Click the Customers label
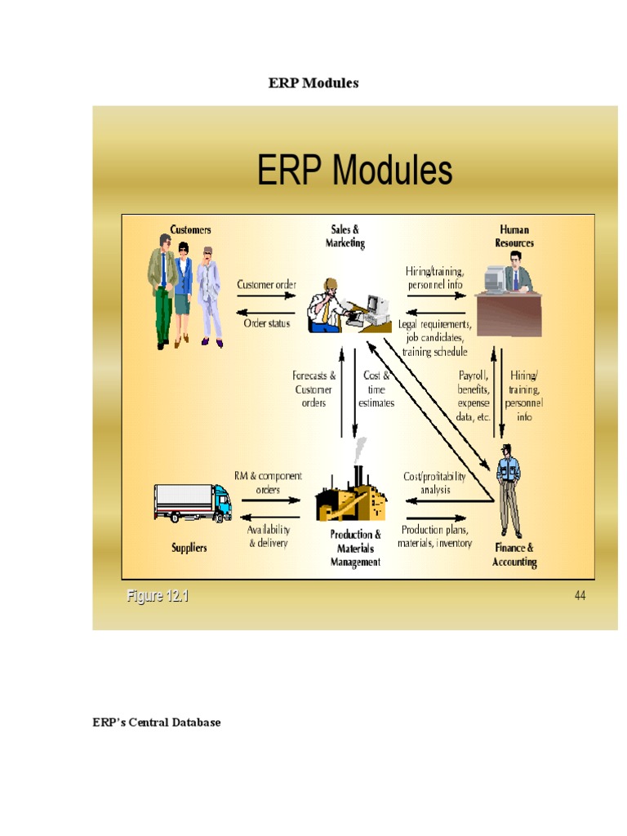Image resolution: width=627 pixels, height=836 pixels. pyautogui.click(x=190, y=230)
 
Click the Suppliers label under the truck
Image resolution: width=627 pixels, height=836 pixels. pyautogui.click(x=189, y=548)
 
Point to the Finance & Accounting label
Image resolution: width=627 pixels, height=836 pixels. pyautogui.click(x=514, y=555)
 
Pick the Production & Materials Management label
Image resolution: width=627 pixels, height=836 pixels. pyautogui.click(x=355, y=548)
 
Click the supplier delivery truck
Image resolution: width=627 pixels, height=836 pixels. pyautogui.click(x=193, y=502)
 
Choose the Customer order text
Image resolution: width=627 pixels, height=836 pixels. pyautogui.click(x=266, y=285)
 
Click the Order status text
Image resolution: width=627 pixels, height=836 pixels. pyautogui.click(x=267, y=323)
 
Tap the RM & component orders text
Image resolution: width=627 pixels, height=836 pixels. pyautogui.click(x=268, y=482)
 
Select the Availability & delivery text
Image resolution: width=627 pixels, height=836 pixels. pyautogui.click(x=269, y=536)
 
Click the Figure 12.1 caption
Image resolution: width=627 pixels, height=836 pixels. pyautogui.click(x=158, y=596)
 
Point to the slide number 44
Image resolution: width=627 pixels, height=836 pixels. pyautogui.click(x=580, y=596)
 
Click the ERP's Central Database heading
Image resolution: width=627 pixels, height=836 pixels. pyautogui.click(x=156, y=723)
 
